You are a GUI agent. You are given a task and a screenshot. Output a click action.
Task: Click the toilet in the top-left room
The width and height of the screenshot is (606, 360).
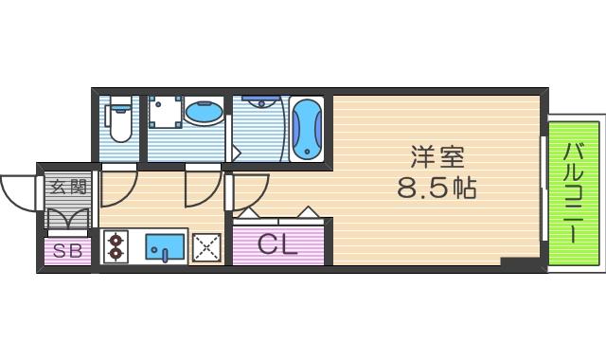click(x=119, y=119)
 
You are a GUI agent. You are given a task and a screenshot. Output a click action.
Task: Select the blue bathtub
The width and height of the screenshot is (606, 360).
click(x=306, y=128)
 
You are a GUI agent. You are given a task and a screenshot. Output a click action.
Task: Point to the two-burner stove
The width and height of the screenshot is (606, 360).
click(x=116, y=246)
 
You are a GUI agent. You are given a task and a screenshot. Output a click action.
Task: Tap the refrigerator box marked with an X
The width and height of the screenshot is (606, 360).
click(x=206, y=248)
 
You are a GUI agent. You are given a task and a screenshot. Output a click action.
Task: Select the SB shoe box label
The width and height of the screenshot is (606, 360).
click(x=66, y=252)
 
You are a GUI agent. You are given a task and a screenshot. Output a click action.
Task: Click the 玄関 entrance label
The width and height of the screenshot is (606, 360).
click(x=65, y=187)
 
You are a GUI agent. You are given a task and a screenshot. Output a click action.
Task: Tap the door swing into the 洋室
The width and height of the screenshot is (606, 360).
click(x=248, y=189)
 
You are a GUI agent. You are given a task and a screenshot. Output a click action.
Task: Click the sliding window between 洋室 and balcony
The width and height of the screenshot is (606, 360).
click(x=544, y=189)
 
